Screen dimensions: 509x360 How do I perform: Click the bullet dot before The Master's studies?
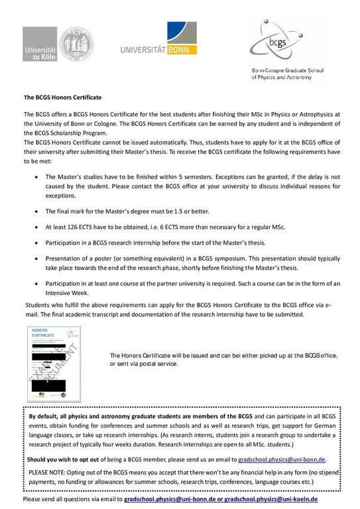[x=34, y=178]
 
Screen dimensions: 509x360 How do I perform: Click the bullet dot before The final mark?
[x=34, y=211]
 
